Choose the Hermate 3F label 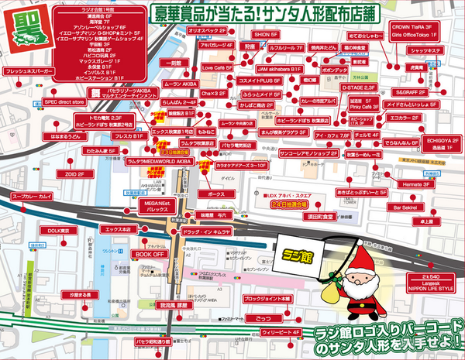click(x=417, y=184)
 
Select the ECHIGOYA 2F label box click(x=439, y=142)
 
